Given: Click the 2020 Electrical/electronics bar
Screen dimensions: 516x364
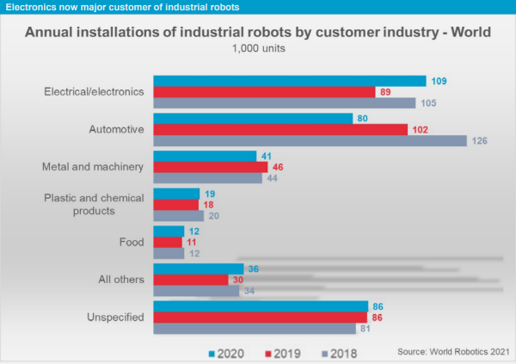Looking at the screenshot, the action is (x=290, y=81).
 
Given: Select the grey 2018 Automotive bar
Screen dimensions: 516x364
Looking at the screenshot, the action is (x=310, y=140).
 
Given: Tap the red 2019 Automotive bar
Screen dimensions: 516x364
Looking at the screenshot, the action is (x=280, y=129).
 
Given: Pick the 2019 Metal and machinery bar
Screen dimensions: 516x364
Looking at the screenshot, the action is (x=211, y=167).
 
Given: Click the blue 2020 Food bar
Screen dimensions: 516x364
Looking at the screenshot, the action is (x=169, y=231).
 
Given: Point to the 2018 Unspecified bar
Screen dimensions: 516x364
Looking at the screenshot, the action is (x=255, y=329).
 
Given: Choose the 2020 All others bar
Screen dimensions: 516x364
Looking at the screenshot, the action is (x=199, y=268).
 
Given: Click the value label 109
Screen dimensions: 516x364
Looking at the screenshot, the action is (x=439, y=81).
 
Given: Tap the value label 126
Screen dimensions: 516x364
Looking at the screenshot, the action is (x=480, y=140).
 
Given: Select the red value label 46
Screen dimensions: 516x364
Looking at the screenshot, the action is (x=278, y=167).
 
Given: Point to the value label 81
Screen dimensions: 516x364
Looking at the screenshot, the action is (x=365, y=329).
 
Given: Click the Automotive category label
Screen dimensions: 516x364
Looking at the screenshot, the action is (x=116, y=129).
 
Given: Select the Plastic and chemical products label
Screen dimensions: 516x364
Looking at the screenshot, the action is (x=94, y=204).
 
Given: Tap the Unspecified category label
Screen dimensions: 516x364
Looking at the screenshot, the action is (x=115, y=318).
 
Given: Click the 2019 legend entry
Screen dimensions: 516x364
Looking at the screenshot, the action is (x=283, y=354).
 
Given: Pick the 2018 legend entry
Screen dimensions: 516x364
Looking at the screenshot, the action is (x=340, y=354).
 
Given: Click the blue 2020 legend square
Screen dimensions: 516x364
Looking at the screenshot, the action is (x=212, y=355).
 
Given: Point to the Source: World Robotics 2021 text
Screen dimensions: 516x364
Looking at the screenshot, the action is (x=453, y=352).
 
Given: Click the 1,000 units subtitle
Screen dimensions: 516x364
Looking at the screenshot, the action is (x=259, y=48).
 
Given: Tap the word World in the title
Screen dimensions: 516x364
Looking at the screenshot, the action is (x=471, y=32).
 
